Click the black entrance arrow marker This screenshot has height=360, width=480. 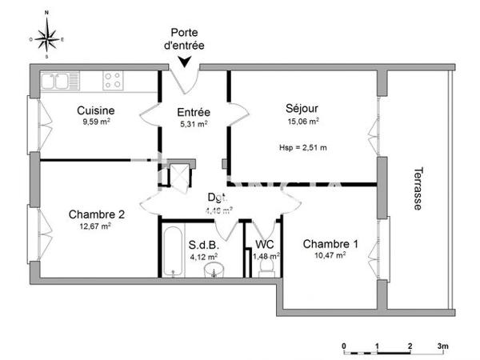[x=186, y=60]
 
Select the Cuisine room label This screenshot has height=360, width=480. [x=96, y=110]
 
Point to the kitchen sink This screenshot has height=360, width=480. [x=56, y=80]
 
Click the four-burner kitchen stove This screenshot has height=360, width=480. [x=113, y=80]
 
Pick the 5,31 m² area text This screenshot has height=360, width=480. [x=193, y=125]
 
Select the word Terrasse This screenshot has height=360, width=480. [x=418, y=189]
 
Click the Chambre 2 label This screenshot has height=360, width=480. [x=97, y=214]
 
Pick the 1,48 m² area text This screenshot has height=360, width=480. [x=264, y=256]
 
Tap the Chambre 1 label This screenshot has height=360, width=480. [x=330, y=244]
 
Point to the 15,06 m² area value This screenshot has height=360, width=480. [x=304, y=122]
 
